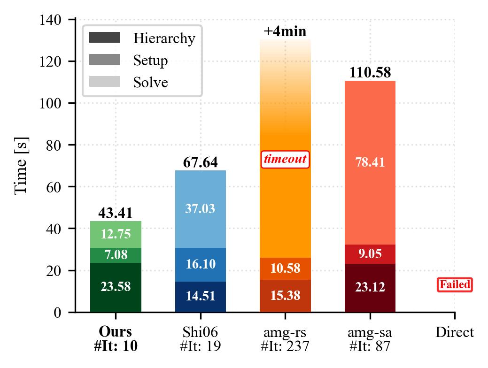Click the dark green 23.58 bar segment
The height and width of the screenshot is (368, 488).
tap(116, 287)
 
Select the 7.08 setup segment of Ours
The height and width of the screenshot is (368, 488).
tap(116, 255)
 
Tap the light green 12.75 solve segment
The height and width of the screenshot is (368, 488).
tap(116, 234)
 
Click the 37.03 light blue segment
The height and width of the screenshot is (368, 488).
tap(201, 209)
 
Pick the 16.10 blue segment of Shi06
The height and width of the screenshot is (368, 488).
tap(201, 264)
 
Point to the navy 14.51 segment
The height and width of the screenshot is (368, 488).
tap(201, 297)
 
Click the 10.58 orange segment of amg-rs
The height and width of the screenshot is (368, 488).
tap(285, 268)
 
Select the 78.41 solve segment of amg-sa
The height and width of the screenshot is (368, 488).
tap(370, 162)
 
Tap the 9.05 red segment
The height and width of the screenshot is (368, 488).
tap(370, 254)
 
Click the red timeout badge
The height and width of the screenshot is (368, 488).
tap(285, 159)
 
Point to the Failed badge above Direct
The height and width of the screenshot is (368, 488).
tap(455, 284)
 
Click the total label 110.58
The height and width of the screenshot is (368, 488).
tap(370, 72)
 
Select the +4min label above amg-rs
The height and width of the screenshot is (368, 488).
tap(285, 31)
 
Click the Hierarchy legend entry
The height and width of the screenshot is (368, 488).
tap(142, 38)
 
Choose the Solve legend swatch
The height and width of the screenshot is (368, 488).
tap(105, 82)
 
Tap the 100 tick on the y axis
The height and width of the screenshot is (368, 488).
tap(50, 103)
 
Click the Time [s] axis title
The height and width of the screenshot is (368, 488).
tap(22, 166)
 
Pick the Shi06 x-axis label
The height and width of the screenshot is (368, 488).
tap(200, 332)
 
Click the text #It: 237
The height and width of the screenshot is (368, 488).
tap(285, 346)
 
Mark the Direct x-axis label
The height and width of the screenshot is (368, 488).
tap(455, 332)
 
